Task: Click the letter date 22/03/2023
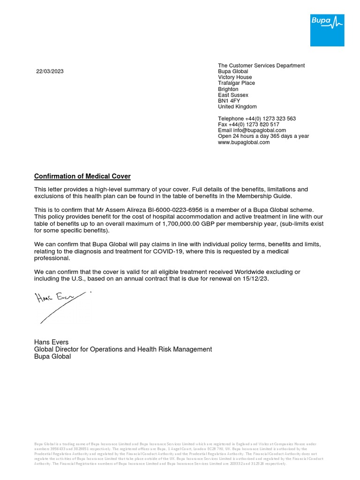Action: [50, 72]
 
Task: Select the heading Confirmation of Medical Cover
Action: [82, 176]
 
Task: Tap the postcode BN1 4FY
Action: [228, 101]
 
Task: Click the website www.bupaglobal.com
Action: [244, 142]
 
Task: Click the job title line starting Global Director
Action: [123, 349]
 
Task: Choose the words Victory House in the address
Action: [235, 77]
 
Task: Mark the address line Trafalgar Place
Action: [236, 83]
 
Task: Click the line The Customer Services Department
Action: [261, 66]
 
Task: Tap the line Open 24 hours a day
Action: [263, 136]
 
